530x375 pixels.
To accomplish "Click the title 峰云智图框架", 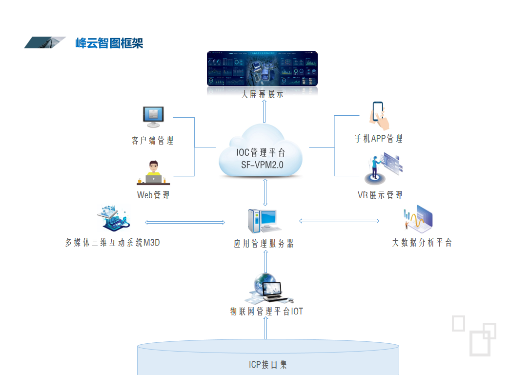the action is click(109, 43).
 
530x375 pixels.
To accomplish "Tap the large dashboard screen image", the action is click(262, 69).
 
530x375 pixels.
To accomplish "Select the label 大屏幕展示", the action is click(262, 94).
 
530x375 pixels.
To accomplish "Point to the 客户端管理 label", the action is click(152, 141).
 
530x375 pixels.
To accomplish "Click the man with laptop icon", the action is click(153, 173).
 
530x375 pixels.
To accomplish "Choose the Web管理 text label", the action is click(153, 195).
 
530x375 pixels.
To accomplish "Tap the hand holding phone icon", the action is click(379, 115).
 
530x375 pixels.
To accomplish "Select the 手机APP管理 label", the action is click(379, 139).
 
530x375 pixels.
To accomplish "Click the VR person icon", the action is click(383, 168).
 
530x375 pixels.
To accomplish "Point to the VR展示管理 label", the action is click(380, 195).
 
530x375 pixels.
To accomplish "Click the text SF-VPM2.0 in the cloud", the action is click(262, 165).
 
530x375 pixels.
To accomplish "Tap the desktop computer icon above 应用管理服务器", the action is click(263, 221).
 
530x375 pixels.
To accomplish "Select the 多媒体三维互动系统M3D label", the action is click(113, 243).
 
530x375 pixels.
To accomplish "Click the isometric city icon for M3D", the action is click(114, 218).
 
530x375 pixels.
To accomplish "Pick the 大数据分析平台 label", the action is click(422, 243).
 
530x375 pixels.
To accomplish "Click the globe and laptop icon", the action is click(269, 289).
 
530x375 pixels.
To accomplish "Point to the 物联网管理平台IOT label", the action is click(266, 312).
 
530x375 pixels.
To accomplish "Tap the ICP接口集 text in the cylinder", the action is click(268, 365).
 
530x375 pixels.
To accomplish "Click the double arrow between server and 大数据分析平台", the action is click(339, 221).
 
